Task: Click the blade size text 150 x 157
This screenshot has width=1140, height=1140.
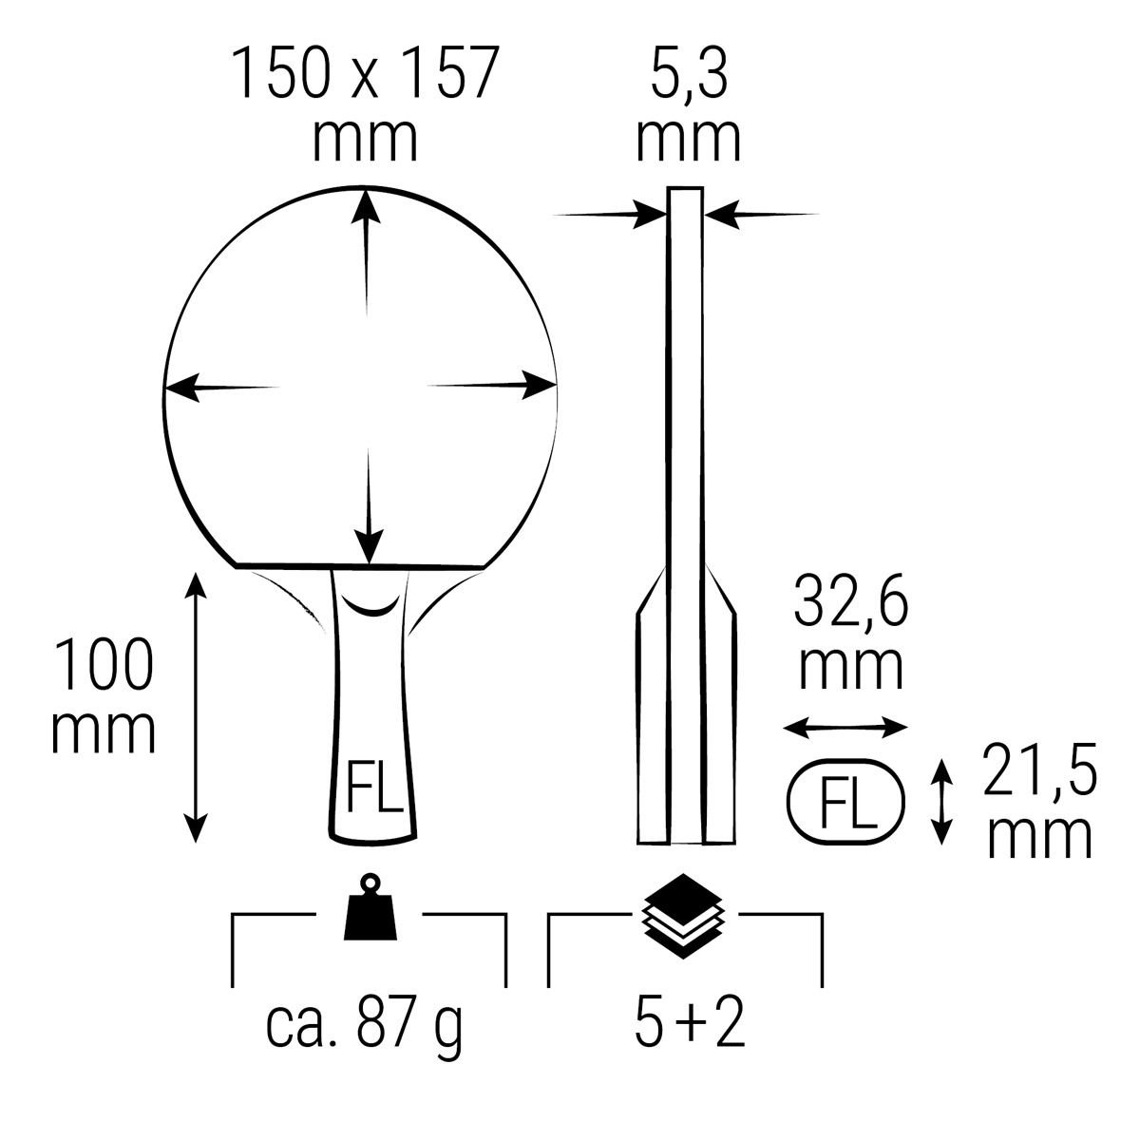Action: coord(365,74)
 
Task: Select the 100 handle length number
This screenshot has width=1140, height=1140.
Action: coord(104,664)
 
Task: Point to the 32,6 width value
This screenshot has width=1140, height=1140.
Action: coord(850,599)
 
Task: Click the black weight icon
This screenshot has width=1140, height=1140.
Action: coord(370,907)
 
